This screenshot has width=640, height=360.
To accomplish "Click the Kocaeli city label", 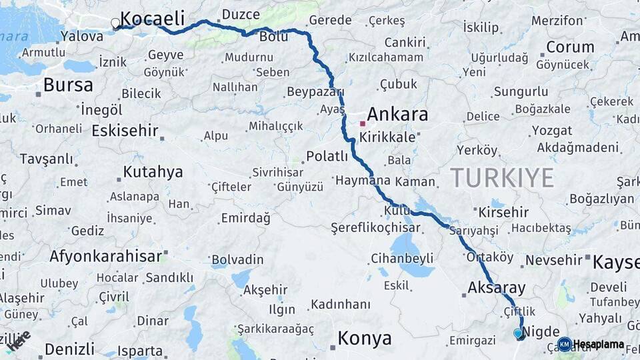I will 152,19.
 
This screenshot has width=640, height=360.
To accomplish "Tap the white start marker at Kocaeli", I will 115,24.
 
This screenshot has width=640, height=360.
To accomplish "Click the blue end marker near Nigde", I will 518,333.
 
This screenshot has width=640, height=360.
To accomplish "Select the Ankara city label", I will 397,114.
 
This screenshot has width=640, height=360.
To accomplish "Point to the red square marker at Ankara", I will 362,123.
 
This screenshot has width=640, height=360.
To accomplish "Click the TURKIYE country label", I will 502,178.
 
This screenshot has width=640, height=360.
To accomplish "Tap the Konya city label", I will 365,339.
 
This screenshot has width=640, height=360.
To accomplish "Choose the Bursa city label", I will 68,85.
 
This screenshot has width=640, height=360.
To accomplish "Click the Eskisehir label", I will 125,131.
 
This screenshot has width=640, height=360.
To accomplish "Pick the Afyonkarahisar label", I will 105,256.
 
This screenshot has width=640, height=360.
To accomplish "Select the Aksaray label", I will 497,288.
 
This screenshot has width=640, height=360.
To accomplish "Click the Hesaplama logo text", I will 598,345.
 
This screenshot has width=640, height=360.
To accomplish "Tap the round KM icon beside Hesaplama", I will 564,344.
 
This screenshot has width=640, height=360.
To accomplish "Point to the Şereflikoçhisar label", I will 375,228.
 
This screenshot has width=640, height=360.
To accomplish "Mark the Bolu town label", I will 273,36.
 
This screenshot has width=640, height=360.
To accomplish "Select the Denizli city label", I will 70,349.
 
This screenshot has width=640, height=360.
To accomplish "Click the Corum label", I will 570,47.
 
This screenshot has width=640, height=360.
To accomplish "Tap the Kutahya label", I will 153,172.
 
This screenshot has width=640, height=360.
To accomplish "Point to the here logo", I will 20,340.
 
